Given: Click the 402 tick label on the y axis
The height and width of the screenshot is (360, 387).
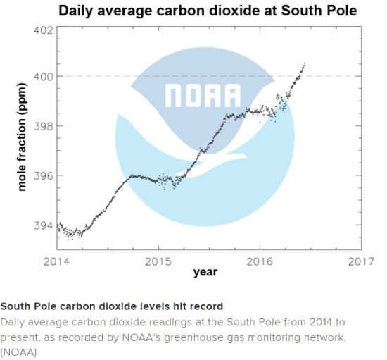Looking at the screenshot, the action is click(x=44, y=30).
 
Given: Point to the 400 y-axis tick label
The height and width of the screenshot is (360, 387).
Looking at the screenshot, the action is click(x=44, y=77).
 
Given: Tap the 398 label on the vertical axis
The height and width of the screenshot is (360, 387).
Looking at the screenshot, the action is click(x=44, y=126).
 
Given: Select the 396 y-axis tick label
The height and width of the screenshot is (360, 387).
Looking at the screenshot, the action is click(x=44, y=176).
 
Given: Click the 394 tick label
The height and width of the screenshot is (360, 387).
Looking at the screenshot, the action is click(x=44, y=225).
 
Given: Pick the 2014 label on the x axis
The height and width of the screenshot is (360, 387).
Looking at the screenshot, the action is click(x=56, y=261).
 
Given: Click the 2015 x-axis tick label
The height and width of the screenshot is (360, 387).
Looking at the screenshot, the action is click(x=158, y=261).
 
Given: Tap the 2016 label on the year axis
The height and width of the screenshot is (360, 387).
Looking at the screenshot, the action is click(x=260, y=261).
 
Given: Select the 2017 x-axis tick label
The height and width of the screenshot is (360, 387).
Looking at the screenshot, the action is click(x=361, y=261).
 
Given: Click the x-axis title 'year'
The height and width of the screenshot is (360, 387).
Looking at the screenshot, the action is click(x=205, y=272).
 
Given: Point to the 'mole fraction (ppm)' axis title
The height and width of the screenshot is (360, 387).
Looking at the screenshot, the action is click(x=22, y=137).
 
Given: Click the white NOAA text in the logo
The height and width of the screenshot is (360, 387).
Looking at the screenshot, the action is click(x=203, y=96).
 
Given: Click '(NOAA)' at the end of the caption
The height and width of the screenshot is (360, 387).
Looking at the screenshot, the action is click(x=18, y=352).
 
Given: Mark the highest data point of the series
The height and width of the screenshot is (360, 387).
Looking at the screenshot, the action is click(x=305, y=63).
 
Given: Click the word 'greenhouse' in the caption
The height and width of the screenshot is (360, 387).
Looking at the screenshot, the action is click(x=193, y=337).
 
